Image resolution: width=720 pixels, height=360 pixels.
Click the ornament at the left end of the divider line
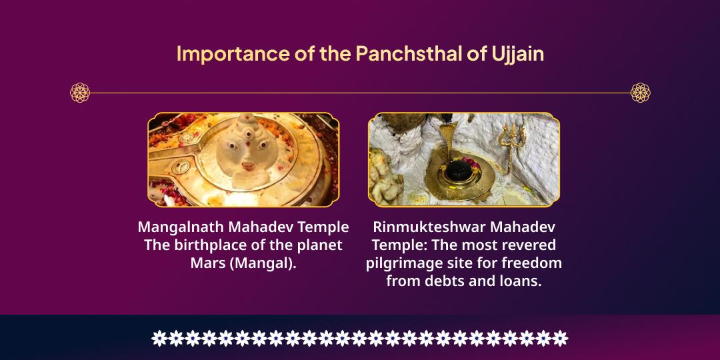[x=80, y=93]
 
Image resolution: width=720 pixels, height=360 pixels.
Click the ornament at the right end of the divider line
[x=640, y=93]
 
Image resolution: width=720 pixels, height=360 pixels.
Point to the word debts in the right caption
[x=443, y=281]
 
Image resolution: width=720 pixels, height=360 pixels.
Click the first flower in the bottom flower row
[x=159, y=338]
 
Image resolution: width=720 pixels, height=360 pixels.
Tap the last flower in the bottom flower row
[x=560, y=338]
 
